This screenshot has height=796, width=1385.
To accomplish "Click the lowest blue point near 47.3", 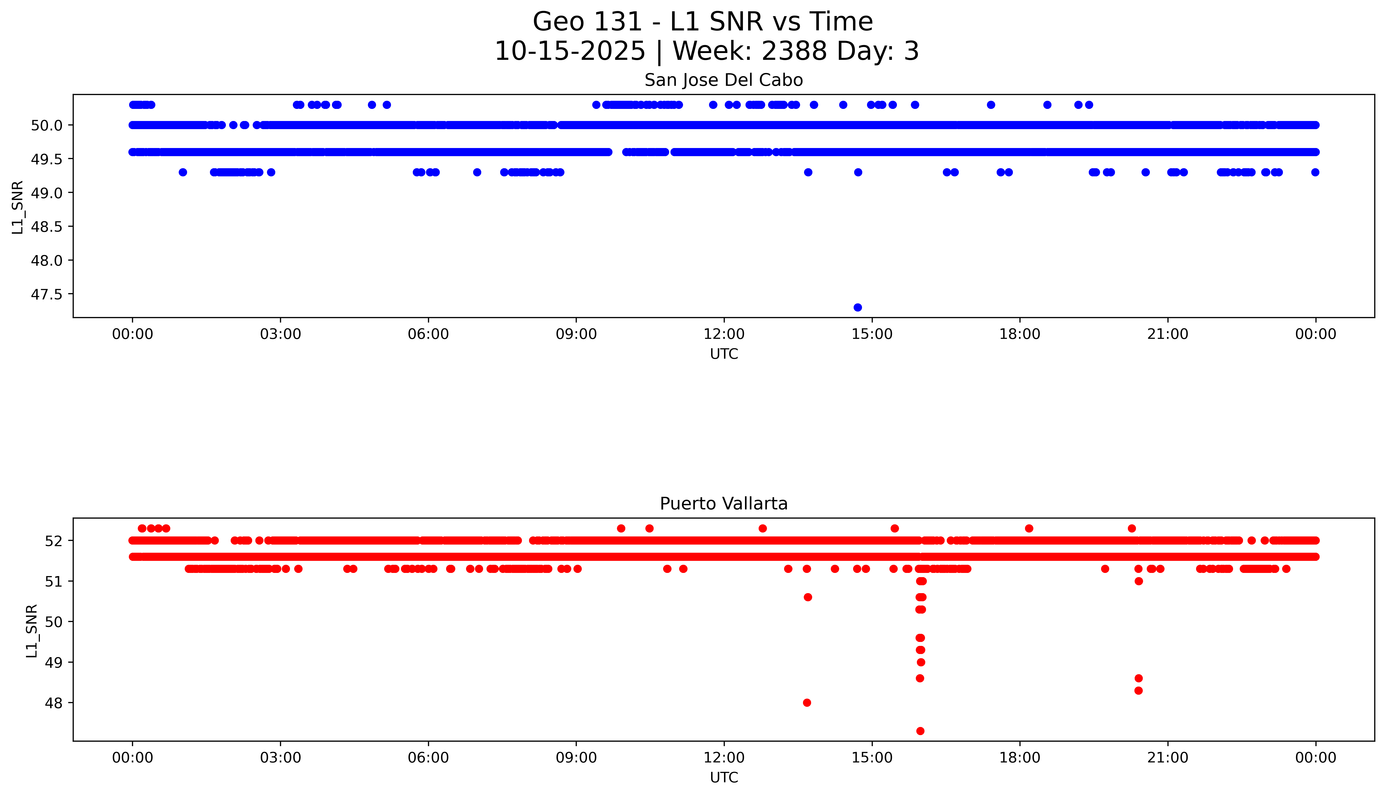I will point(858,307).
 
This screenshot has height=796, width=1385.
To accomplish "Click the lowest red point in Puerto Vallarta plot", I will point(920,731).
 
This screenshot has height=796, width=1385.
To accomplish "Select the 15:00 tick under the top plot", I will point(872,334).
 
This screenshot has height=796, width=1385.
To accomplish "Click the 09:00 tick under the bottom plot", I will point(576,758).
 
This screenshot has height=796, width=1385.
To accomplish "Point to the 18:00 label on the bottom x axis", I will point(1020,758).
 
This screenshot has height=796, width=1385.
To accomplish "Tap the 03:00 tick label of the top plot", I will point(281,334).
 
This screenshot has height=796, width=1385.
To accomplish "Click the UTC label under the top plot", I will point(724,354).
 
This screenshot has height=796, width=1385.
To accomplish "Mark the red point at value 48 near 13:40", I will point(807,703).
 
